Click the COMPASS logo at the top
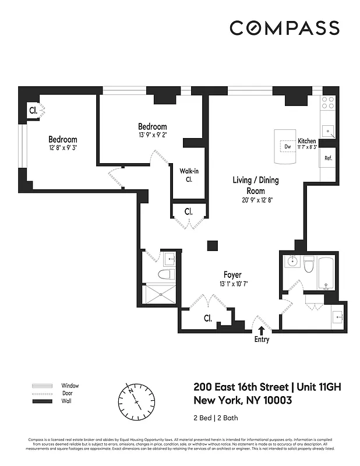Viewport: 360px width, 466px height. (284, 28)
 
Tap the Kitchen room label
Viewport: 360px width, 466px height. (307, 142)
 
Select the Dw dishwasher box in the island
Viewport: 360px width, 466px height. (288, 147)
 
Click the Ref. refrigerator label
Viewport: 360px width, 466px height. (328, 158)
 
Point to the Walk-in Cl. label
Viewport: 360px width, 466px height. (189, 175)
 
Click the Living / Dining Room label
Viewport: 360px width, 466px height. (256, 185)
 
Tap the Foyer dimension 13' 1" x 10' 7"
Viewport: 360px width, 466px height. (232, 284)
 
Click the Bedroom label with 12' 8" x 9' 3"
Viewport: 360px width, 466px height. (62, 140)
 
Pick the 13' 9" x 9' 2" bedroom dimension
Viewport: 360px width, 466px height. (152, 135)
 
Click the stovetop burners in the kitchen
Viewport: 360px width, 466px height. (329, 103)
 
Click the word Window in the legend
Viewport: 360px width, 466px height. (70, 386)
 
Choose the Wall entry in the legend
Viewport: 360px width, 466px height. (66, 401)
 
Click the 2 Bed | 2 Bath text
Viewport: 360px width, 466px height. (216, 418)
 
